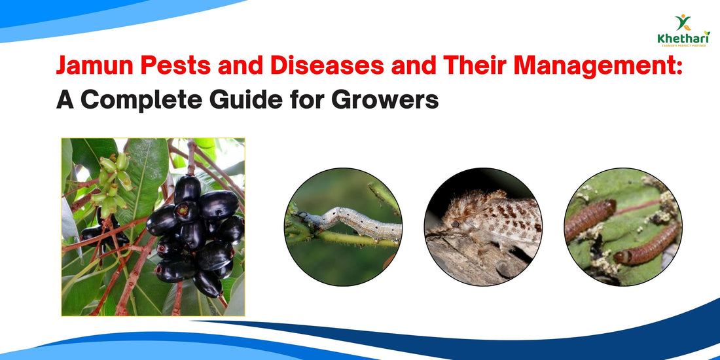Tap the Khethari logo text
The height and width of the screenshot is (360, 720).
point(683,39)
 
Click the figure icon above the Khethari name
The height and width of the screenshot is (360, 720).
point(683,22)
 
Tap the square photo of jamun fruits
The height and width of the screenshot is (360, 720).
point(153,227)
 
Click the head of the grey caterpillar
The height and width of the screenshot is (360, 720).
point(302,215)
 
